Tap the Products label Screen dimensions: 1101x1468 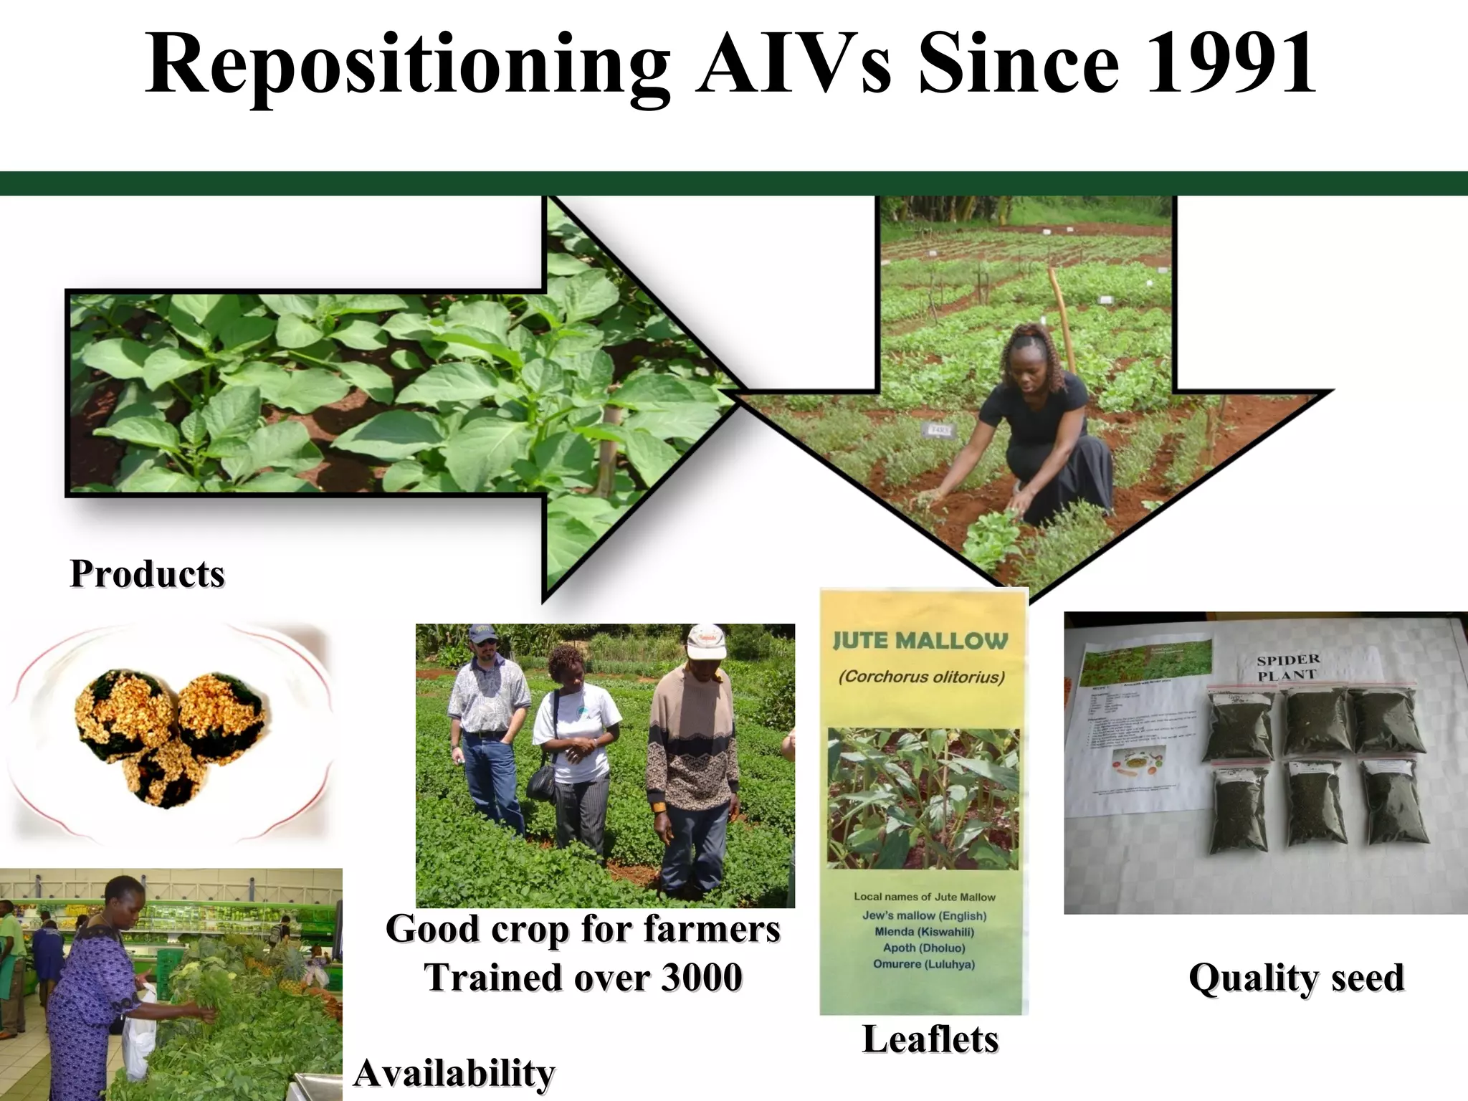(147, 574)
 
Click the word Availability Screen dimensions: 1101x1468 (454, 1073)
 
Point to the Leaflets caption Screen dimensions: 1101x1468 (930, 1039)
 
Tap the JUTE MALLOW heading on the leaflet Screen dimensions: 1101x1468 (920, 640)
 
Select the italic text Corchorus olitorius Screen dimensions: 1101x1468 (922, 677)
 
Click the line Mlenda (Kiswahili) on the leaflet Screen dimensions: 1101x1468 (924, 932)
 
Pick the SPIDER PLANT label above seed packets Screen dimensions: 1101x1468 (1288, 667)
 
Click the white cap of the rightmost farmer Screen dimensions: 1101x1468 (705, 640)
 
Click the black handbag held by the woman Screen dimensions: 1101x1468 (541, 782)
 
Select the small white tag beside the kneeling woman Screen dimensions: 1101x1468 (939, 430)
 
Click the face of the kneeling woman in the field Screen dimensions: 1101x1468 (1026, 356)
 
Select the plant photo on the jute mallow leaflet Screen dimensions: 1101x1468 (923, 799)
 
